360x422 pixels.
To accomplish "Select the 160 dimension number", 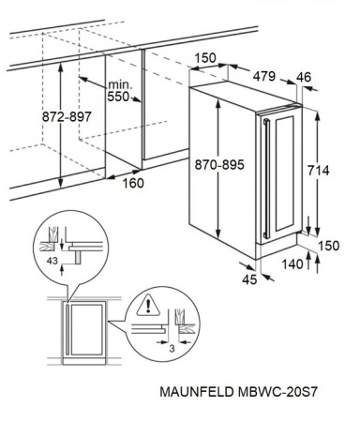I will [x=133, y=183].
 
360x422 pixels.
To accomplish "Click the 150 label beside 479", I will [x=202, y=58].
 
